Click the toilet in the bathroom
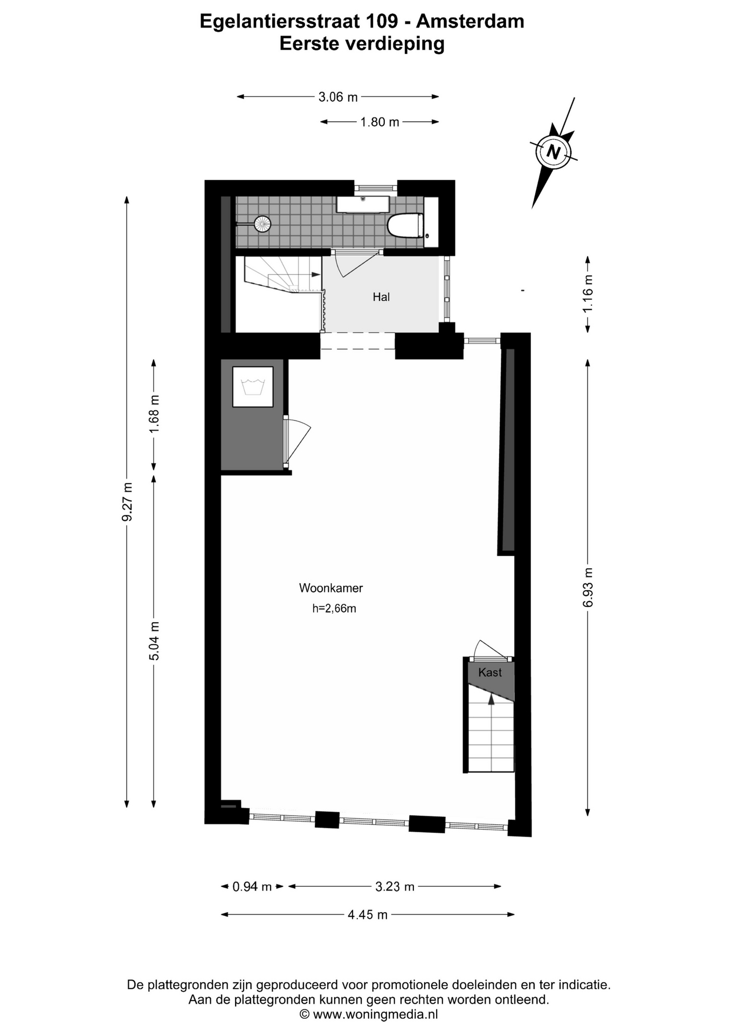405,225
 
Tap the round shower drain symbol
263,224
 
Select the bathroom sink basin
363,204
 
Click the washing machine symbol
253,387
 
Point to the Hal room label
381,296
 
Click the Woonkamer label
331,588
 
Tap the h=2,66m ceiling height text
334,609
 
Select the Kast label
490,672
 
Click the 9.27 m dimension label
127,502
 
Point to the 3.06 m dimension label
338,97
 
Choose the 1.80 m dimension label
380,122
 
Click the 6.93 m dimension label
588,587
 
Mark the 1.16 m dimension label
588,293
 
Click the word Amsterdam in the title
470,22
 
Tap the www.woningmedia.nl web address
375,1014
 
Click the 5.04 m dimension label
154,640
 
